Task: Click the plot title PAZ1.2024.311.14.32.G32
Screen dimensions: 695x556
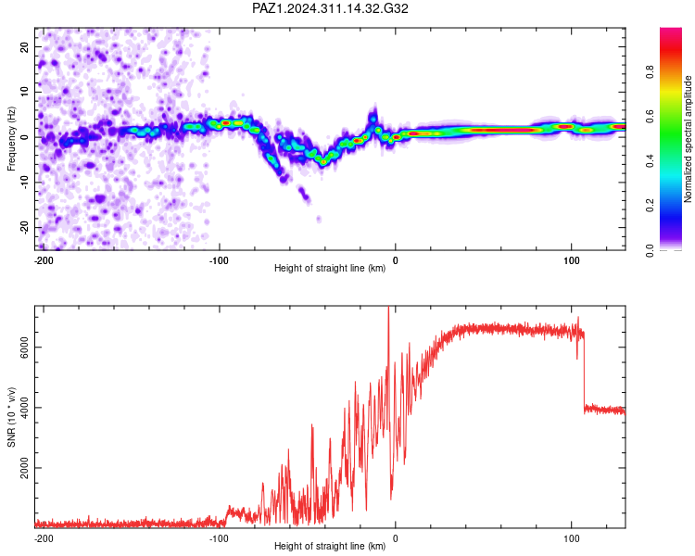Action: tap(330, 8)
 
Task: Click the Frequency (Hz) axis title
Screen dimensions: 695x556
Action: tap(11, 139)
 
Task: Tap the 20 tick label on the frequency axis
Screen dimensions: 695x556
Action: tap(24, 46)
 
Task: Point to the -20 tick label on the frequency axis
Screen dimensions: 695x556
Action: tap(24, 227)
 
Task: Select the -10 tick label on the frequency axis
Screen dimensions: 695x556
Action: tap(24, 183)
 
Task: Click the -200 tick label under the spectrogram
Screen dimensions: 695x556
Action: tap(44, 260)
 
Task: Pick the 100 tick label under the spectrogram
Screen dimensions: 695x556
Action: tap(572, 260)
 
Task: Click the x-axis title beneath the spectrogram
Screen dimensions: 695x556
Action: tap(330, 268)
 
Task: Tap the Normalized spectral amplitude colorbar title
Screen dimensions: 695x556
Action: tap(688, 139)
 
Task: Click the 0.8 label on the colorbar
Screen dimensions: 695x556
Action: tap(650, 72)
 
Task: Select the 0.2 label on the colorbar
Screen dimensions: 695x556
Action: tap(650, 206)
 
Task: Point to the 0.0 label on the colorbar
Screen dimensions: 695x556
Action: tap(650, 250)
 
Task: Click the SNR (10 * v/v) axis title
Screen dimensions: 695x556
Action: tap(11, 417)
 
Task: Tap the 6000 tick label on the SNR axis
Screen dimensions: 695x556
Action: tap(24, 347)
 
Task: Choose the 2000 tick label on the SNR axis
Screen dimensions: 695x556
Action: tap(24, 468)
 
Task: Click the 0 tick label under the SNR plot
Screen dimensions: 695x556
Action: tap(395, 538)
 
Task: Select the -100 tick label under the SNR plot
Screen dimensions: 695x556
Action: tap(219, 538)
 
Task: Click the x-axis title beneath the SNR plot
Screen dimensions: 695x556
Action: tap(330, 546)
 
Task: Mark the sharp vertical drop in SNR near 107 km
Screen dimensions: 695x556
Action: tap(584, 371)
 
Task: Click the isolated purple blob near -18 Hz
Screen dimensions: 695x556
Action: tap(319, 219)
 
